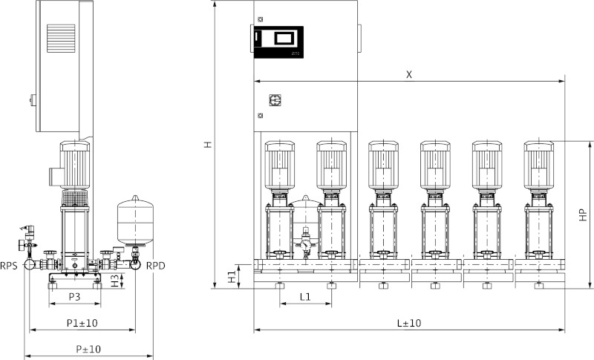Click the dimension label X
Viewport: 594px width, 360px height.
(409, 74)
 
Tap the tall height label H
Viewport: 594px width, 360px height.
(209, 145)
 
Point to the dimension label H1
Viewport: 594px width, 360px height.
(232, 276)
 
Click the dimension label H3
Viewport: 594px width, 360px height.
(115, 280)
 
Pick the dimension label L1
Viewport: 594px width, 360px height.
(305, 296)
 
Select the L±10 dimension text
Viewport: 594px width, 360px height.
(408, 323)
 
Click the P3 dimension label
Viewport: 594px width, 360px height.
(75, 297)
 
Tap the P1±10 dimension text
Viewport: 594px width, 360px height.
(82, 323)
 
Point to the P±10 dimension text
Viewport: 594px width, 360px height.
(88, 348)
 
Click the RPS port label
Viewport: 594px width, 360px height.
(10, 264)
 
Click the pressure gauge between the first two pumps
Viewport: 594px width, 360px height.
(304, 242)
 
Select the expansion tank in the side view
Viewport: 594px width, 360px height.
(134, 219)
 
